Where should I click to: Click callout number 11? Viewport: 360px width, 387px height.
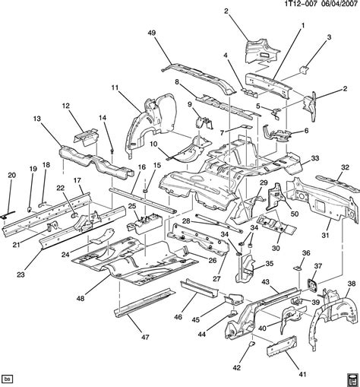point(115,90)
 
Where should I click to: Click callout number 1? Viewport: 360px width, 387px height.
point(302,26)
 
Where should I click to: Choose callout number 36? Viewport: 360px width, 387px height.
point(306,253)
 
